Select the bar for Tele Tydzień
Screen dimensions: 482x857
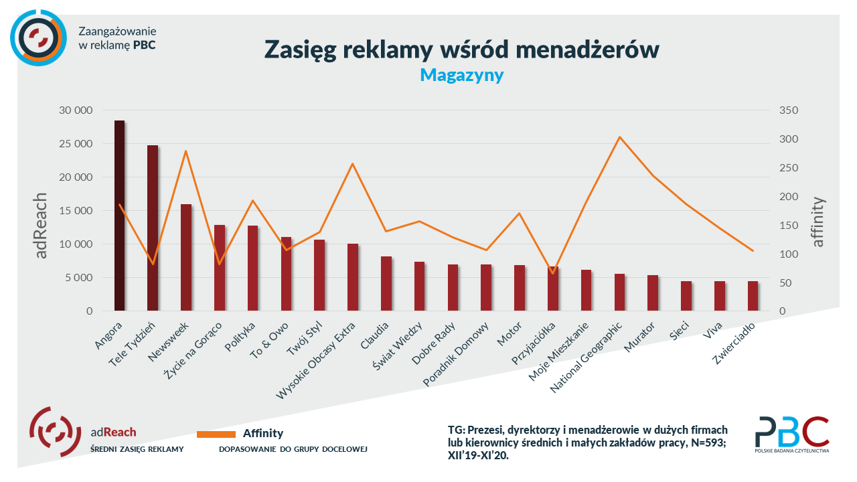pos(153,228)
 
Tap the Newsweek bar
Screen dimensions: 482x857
pos(186,257)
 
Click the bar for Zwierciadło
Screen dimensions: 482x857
pos(753,296)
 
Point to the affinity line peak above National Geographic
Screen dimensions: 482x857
pos(620,137)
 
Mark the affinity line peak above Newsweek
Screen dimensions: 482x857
pos(186,151)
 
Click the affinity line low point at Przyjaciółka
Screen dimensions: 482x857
pos(552,272)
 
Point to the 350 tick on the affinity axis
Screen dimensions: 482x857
pos(788,110)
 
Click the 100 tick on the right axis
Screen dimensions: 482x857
pos(788,254)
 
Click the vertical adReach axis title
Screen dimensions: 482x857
pos(42,226)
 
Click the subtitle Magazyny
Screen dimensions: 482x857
pos(461,75)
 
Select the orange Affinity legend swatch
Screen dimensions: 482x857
pos(216,434)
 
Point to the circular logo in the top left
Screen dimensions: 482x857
pos(38,37)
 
